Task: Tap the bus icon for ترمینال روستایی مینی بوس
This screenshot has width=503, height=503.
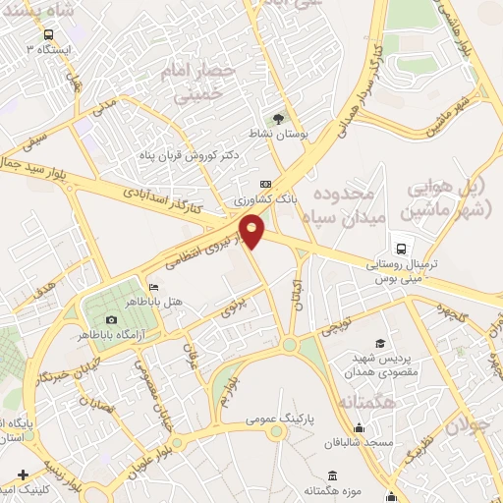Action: tap(400, 248)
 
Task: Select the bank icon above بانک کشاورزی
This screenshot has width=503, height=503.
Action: tap(265, 184)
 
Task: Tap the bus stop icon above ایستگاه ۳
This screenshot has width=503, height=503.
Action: tap(47, 33)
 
